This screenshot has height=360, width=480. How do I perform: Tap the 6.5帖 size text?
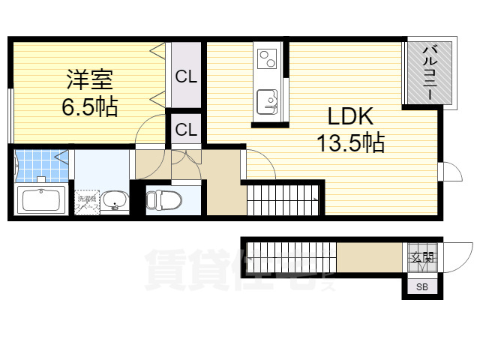tap(90, 106)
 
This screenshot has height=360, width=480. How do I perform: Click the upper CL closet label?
tap(186, 76)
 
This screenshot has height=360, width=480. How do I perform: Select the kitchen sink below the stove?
tap(267, 100)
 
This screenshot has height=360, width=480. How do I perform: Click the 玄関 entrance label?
tap(421, 259)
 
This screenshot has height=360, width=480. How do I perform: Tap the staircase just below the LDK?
tap(283, 199)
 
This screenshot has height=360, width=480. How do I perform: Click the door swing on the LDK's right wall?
tap(448, 172)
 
